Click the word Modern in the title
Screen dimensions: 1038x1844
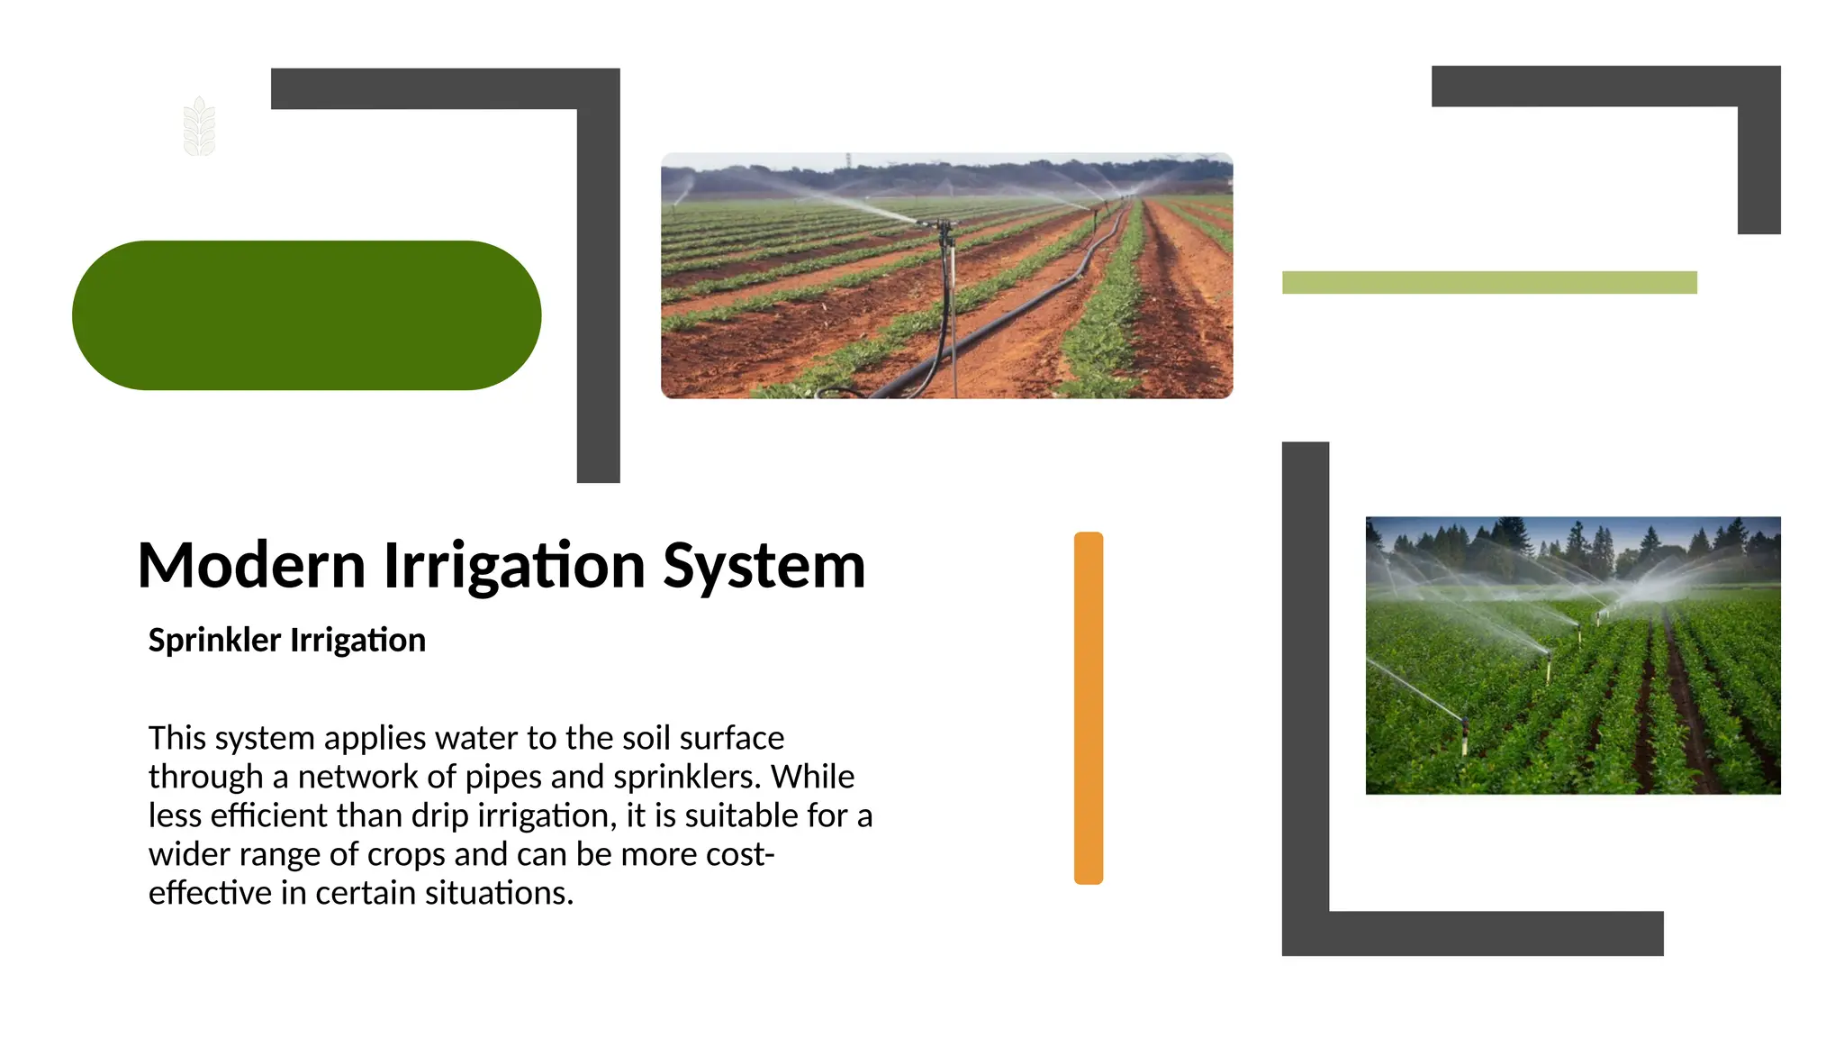pyautogui.click(x=251, y=566)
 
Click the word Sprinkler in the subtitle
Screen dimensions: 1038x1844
pyautogui.click(x=214, y=640)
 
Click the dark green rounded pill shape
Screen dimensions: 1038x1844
pyautogui.click(x=306, y=315)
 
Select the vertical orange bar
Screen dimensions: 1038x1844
pyautogui.click(x=1088, y=707)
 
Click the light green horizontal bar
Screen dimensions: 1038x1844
pyautogui.click(x=1488, y=282)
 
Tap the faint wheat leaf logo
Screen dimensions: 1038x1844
pyautogui.click(x=199, y=127)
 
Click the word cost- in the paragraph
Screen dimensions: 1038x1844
pyautogui.click(x=740, y=854)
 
